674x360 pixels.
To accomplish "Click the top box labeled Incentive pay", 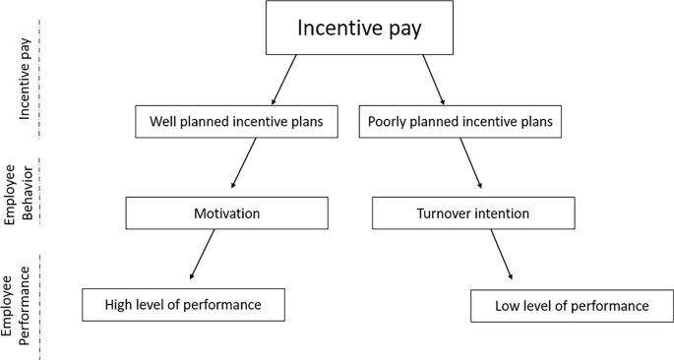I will pyautogui.click(x=359, y=29).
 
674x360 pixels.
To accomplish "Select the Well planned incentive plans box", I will pyautogui.click(x=238, y=122).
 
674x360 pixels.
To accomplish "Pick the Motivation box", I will pyautogui.click(x=226, y=211).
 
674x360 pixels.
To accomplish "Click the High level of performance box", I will pyautogui.click(x=183, y=305).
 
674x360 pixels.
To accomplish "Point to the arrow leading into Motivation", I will pyautogui.click(x=245, y=163).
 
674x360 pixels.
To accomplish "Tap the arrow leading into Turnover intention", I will pyautogui.click(x=469, y=163).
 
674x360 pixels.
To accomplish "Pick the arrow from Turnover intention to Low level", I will pyautogui.click(x=501, y=258).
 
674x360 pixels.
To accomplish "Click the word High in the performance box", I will pyautogui.click(x=122, y=305).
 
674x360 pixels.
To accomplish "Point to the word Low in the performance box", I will pyautogui.click(x=510, y=306).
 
